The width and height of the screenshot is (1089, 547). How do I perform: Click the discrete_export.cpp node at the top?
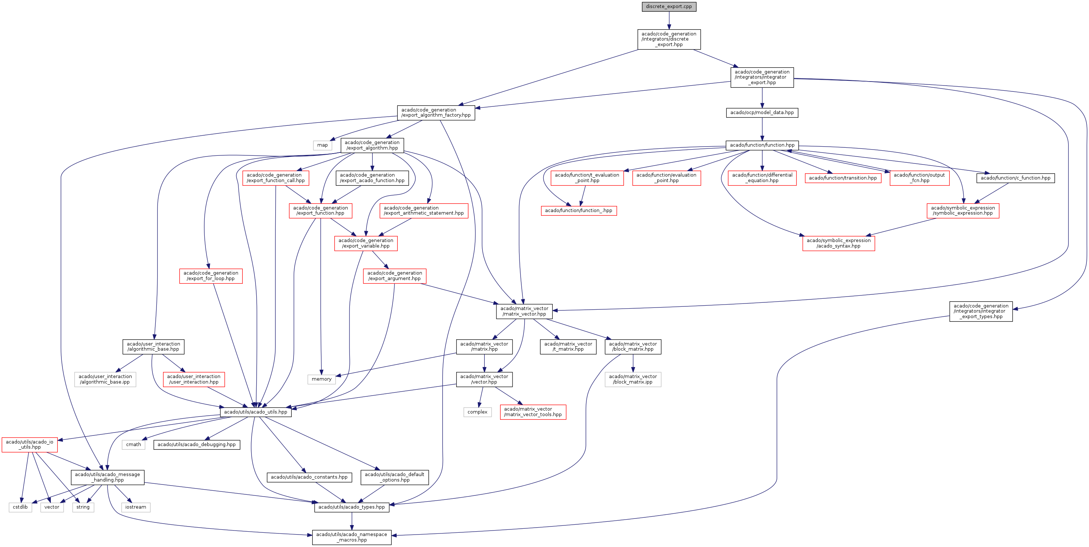coord(669,7)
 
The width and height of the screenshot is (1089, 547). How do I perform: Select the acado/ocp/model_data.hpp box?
coord(762,113)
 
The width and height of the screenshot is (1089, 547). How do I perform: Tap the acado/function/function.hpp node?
coord(762,146)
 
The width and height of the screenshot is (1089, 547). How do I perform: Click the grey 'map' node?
coord(322,146)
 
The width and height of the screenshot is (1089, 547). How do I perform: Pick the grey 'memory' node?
coord(321,379)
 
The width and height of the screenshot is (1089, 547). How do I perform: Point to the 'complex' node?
coord(477,412)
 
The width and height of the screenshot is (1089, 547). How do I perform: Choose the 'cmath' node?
coord(133,445)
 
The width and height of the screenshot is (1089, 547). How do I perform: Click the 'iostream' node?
coord(136,507)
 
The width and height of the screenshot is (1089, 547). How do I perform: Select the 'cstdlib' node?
coord(20,507)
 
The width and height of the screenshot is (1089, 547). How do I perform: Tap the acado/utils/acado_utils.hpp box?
coord(255,412)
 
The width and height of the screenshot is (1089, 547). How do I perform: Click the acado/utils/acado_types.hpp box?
coord(351,507)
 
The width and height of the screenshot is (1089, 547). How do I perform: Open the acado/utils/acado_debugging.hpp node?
coord(197,445)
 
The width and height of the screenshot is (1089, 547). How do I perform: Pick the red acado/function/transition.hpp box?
coord(843,178)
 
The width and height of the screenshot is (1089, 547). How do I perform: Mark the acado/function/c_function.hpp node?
coord(1016,178)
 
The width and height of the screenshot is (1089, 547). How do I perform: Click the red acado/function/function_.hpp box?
coord(578,211)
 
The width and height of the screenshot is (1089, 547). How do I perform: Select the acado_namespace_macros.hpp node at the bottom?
coord(351,537)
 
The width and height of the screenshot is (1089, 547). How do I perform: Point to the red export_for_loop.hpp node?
coord(211,276)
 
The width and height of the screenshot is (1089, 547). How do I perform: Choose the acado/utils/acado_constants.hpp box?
coord(309,477)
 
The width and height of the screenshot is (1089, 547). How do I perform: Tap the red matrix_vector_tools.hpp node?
coord(533,412)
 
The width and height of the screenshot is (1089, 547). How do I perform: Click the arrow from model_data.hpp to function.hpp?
coord(762,129)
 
